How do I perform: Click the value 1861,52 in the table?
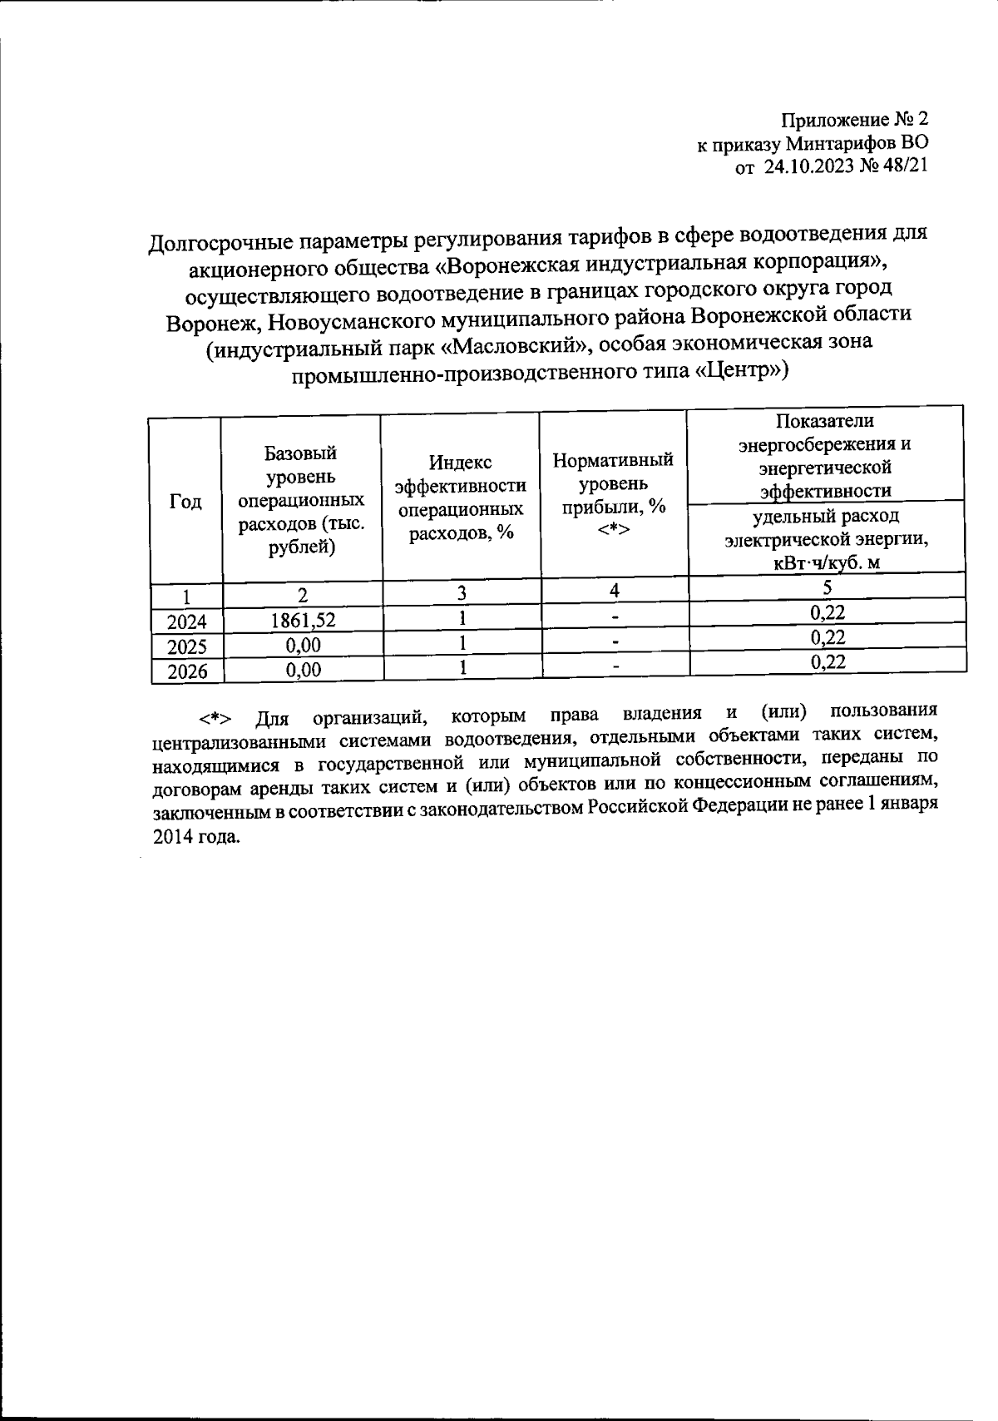tap(300, 620)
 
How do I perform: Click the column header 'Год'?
tap(185, 502)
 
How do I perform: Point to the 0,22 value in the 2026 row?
tap(827, 661)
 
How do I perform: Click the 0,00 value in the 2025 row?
tap(301, 645)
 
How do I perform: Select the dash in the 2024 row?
tap(615, 617)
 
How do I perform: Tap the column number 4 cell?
tap(614, 591)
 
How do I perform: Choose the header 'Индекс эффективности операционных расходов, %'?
tap(460, 498)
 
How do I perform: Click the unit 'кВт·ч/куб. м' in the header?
tap(827, 562)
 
